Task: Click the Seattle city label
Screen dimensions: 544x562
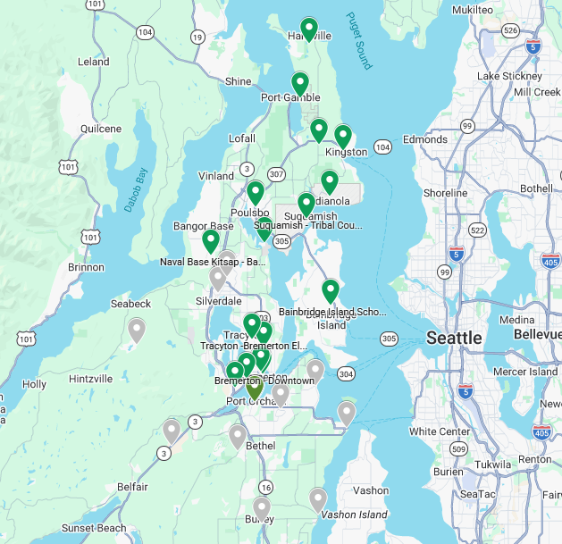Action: coord(454,338)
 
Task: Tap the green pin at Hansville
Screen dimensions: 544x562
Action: coord(309,29)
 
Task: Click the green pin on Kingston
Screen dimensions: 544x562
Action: coord(342,136)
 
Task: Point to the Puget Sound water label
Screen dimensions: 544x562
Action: coord(357,40)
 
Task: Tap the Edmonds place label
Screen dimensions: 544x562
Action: coord(424,139)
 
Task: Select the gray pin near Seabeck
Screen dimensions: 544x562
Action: coord(137,330)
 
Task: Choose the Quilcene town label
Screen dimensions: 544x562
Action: coord(100,129)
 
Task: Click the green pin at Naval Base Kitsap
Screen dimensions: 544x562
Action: coord(211,240)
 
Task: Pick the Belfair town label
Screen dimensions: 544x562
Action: coord(132,487)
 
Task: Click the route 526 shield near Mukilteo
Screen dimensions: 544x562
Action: coord(510,30)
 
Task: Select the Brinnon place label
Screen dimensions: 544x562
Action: coord(85,267)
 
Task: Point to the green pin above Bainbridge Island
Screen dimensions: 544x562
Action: coord(331,290)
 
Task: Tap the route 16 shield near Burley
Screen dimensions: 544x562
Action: coord(265,487)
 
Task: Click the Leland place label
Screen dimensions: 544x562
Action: coord(93,62)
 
